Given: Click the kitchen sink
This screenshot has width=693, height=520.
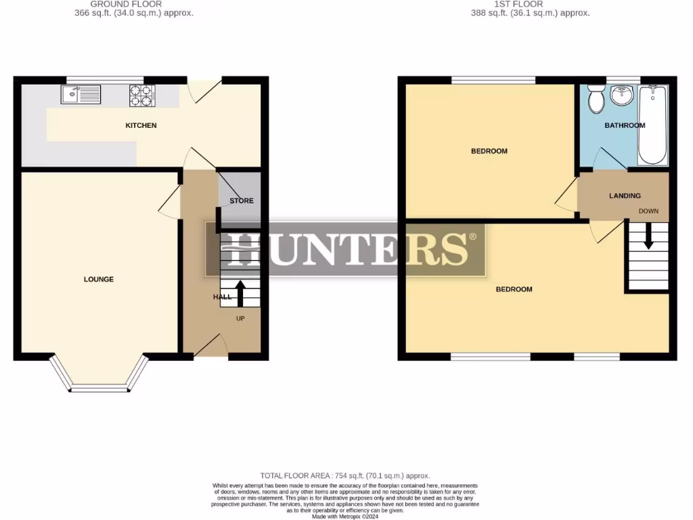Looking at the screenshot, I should (81, 94).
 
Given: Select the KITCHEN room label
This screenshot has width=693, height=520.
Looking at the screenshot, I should (141, 125).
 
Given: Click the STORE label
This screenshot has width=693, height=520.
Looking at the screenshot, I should (242, 201).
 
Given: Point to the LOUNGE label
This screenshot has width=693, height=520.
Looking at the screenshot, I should (99, 279).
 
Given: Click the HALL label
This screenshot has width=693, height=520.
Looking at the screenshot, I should (222, 297).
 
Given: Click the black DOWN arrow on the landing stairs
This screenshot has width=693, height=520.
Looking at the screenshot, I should (648, 237).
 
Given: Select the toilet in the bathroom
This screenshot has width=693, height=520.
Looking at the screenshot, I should (596, 100).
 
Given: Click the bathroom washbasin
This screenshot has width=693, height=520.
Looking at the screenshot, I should (621, 97).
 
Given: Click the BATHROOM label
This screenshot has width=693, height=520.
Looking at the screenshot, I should (625, 125).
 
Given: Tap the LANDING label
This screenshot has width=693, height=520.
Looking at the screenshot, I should (625, 196).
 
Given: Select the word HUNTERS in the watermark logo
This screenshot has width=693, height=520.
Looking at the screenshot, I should (345, 248).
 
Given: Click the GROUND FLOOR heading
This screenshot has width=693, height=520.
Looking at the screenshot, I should (127, 4).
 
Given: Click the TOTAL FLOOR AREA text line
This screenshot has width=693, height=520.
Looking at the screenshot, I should (345, 476).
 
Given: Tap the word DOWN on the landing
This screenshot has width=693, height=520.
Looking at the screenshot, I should (648, 211).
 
